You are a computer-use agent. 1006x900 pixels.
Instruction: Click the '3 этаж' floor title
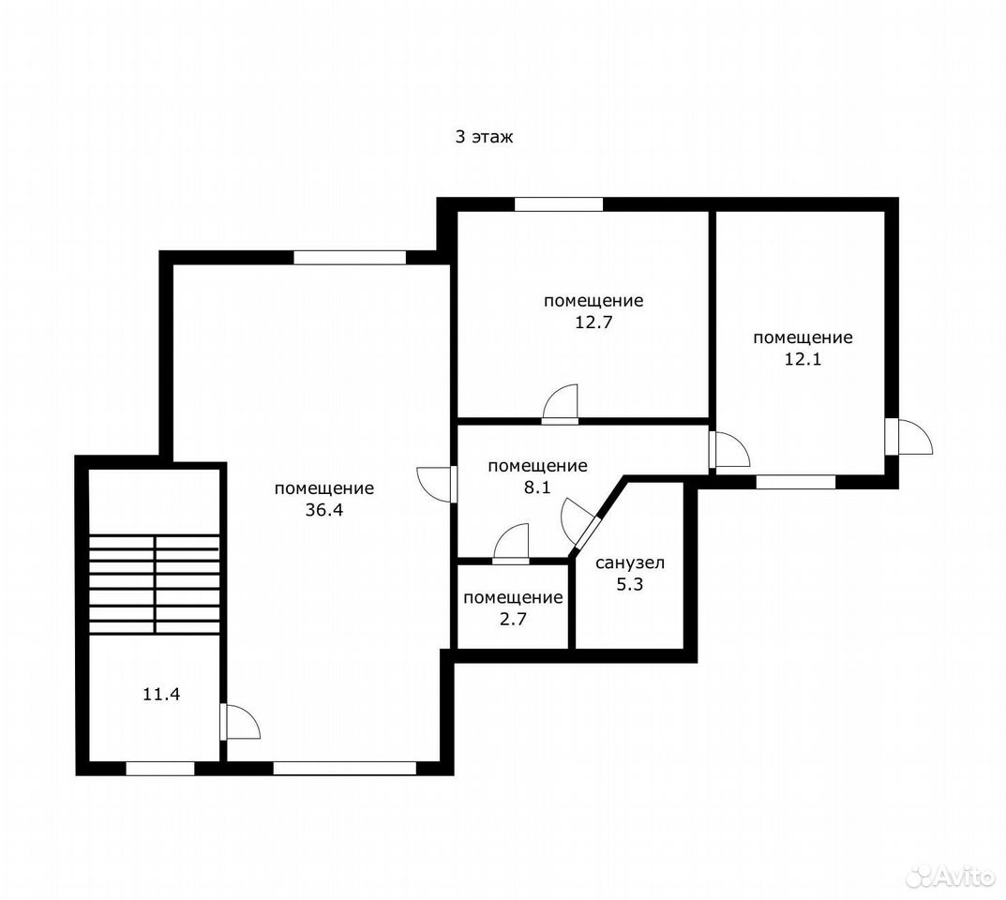(485, 137)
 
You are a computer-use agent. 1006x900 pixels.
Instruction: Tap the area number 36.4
(324, 510)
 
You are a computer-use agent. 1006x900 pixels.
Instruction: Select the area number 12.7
(593, 322)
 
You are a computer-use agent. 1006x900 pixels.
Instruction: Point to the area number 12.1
(803, 359)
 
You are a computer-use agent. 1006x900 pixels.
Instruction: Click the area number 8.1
(537, 487)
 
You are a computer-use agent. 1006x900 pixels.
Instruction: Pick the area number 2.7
(513, 620)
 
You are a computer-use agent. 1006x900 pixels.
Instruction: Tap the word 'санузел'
(630, 563)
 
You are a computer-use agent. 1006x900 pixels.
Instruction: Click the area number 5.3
(630, 585)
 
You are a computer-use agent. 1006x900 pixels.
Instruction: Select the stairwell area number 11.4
(161, 694)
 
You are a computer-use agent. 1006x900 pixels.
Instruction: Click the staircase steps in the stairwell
(154, 585)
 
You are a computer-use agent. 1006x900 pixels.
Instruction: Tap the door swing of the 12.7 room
(560, 404)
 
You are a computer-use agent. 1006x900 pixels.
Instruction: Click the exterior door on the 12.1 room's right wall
(908, 437)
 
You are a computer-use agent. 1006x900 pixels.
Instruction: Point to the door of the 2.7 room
(511, 544)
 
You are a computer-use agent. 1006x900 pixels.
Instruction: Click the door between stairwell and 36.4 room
(240, 722)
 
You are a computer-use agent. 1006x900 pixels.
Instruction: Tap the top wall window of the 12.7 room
(559, 204)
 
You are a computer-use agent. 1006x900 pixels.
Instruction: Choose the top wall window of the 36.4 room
(350, 258)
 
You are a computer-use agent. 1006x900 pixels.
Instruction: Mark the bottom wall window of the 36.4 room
(345, 769)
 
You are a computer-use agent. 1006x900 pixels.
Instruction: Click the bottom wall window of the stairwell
(160, 769)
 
